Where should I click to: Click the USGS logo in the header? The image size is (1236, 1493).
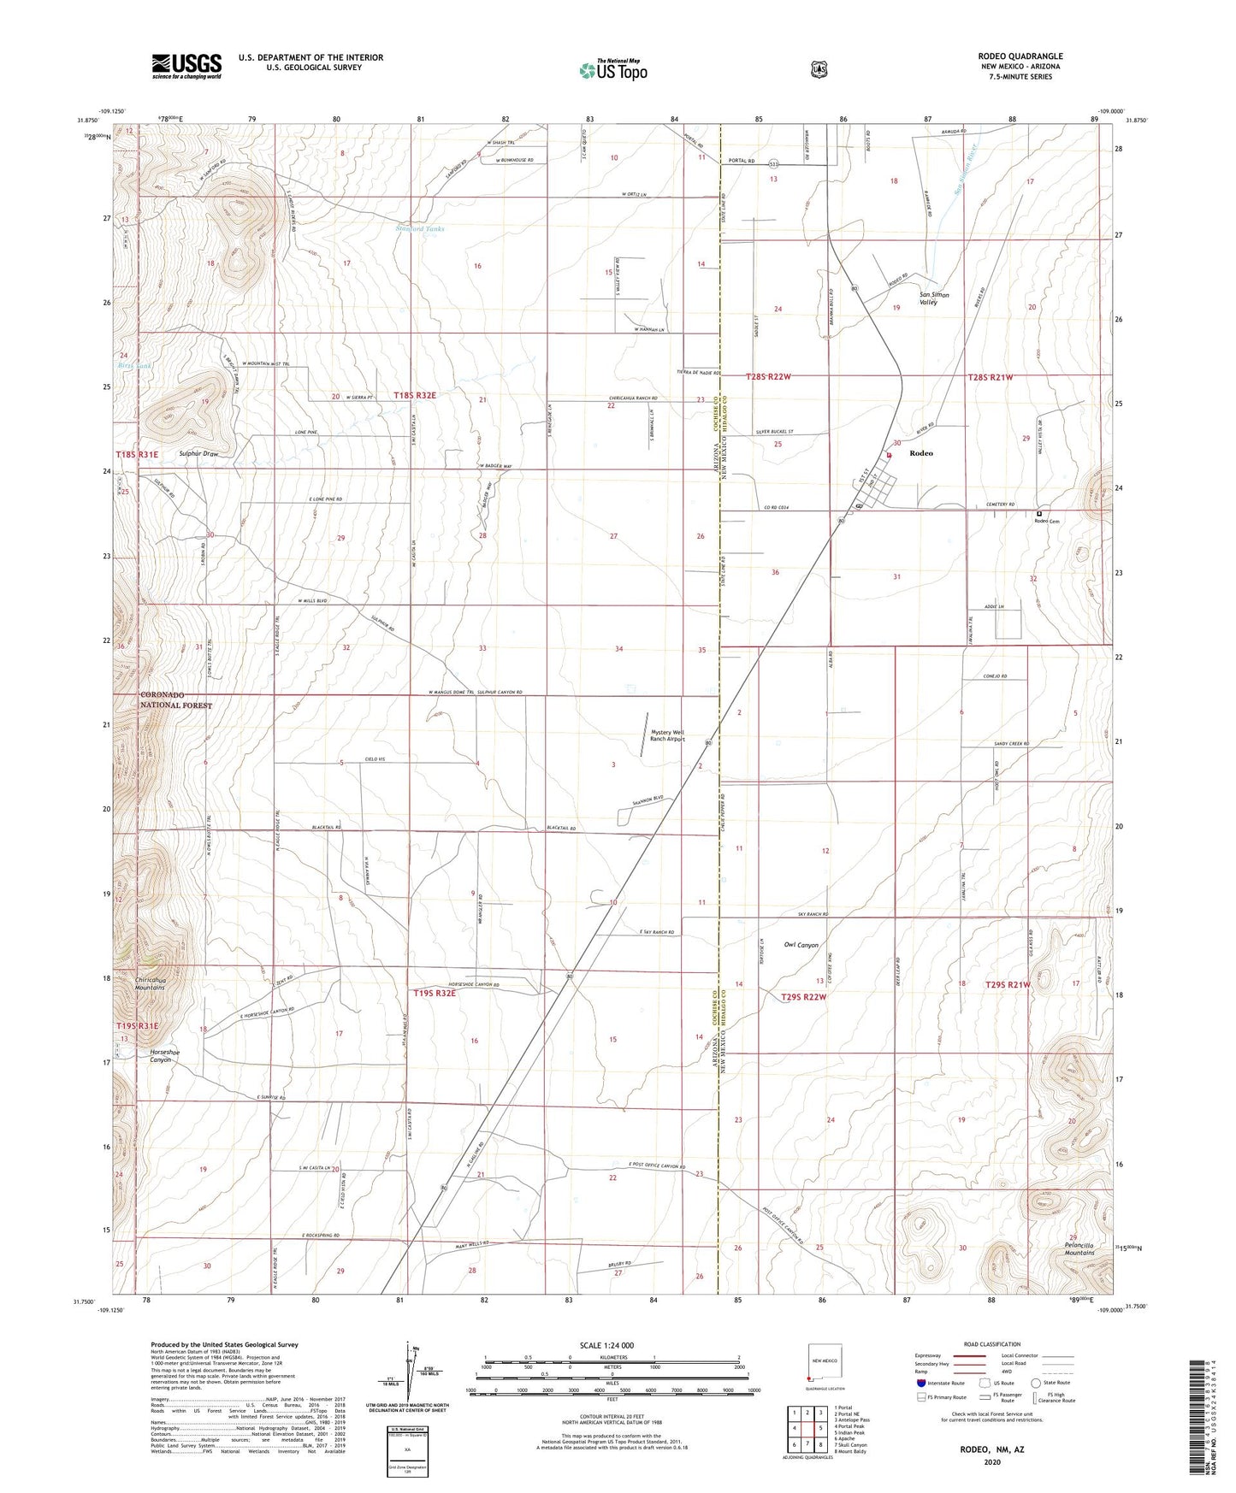click(x=186, y=66)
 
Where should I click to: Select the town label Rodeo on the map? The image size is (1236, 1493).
click(x=921, y=453)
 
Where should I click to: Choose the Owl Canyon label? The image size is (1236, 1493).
click(x=801, y=945)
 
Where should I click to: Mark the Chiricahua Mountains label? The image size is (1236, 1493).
click(x=150, y=983)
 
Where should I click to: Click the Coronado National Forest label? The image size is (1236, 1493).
click(x=176, y=699)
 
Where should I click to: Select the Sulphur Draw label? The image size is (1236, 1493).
click(x=198, y=453)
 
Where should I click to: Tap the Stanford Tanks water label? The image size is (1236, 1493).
click(x=420, y=229)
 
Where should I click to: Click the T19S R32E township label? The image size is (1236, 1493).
click(x=435, y=993)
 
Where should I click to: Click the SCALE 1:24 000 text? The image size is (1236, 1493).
click(x=606, y=1345)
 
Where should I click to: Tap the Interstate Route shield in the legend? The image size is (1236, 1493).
click(x=920, y=1382)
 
